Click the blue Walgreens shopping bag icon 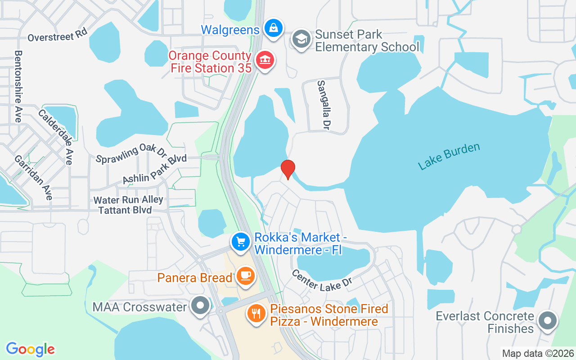coord(273,28)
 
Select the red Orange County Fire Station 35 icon coord(265,60)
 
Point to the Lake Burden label coord(449,156)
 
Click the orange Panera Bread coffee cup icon coord(245,276)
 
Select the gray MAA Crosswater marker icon coord(200,306)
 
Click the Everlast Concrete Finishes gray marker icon coord(547,321)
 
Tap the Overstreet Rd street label coord(57,36)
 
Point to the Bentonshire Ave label coord(18,86)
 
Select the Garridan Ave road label coord(33,177)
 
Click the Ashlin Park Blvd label coord(154,170)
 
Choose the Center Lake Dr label coord(321,280)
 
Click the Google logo coord(30,349)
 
